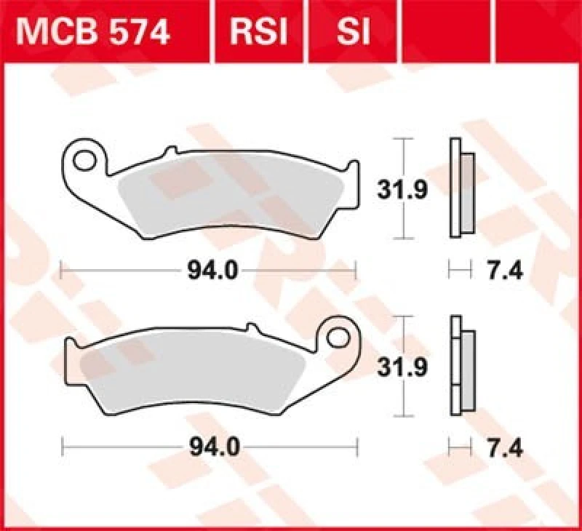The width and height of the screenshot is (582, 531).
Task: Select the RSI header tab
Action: coord(259,32)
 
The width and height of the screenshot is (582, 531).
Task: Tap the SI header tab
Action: coord(353,32)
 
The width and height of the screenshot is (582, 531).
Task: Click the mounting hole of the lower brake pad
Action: coord(338,337)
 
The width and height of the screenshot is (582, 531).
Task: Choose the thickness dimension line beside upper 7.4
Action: coord(458,271)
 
